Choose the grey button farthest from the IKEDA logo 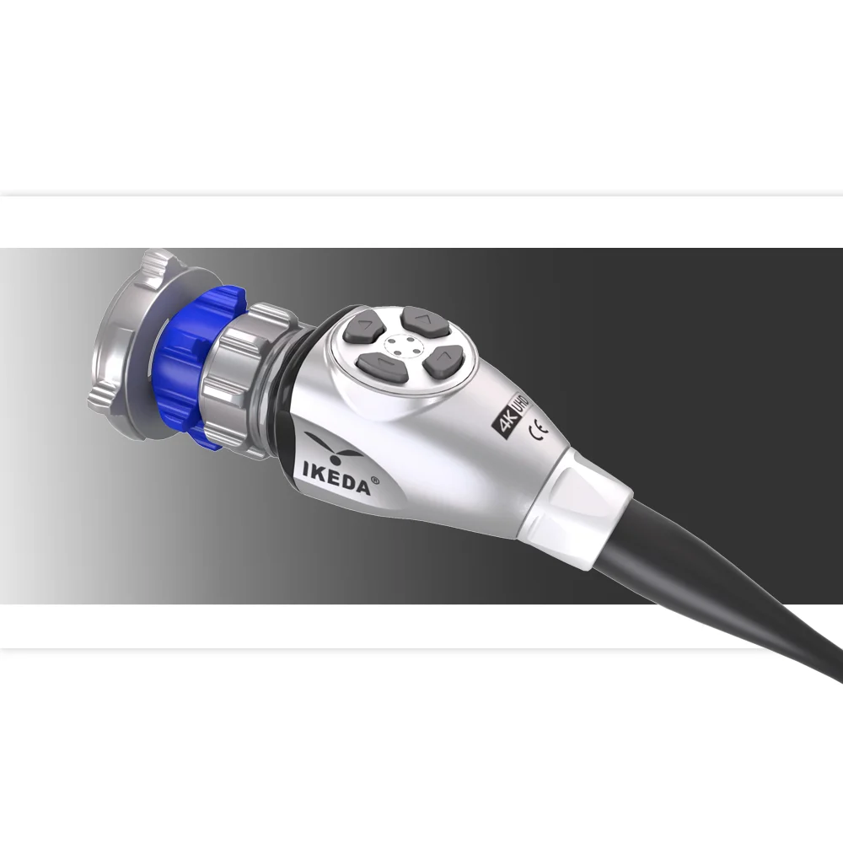pyautogui.click(x=441, y=362)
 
